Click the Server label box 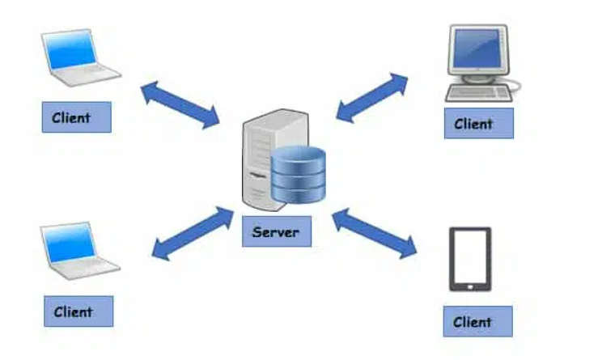(276, 232)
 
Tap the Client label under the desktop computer (478, 124)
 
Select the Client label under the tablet (477, 321)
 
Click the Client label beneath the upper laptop (76, 117)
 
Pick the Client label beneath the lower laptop (78, 311)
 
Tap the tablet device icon (470, 259)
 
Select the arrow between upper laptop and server (180, 104)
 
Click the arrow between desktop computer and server (371, 97)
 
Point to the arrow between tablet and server (374, 233)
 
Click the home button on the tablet (470, 285)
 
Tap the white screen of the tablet (470, 256)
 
